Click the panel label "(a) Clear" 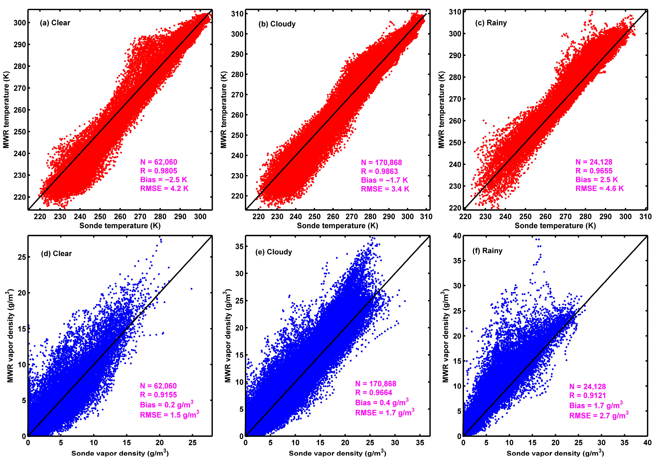click(x=55, y=23)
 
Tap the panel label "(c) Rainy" click(x=491, y=23)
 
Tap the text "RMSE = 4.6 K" click(x=599, y=188)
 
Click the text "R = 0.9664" click(x=374, y=393)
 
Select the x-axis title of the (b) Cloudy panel click(x=337, y=226)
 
